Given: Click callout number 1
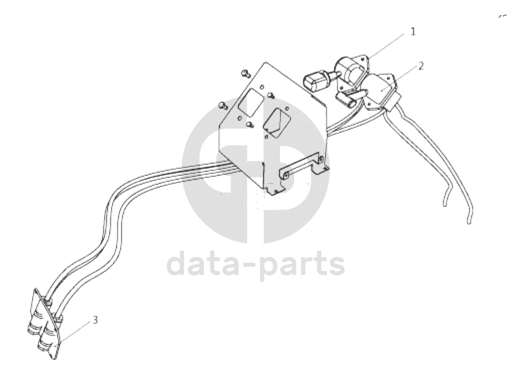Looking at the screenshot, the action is tap(413, 31).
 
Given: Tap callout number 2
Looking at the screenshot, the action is tap(421, 66).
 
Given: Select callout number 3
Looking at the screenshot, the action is tap(95, 320).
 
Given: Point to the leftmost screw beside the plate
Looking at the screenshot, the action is tap(222, 105).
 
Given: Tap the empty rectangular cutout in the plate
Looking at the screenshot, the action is tap(251, 102).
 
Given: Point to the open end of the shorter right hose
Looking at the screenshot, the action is tap(445, 204).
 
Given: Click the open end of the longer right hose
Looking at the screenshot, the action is tap(469, 222).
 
